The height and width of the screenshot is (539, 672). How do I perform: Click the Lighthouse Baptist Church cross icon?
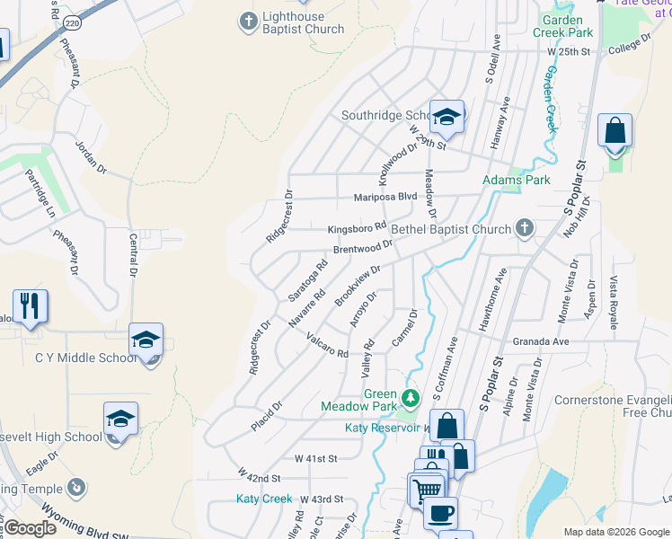click(x=249, y=20)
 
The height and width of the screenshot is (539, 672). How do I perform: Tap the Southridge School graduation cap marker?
click(x=447, y=116)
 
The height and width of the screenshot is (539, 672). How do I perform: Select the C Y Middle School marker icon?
click(x=146, y=340)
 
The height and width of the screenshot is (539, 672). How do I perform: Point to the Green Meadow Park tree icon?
click(x=411, y=397)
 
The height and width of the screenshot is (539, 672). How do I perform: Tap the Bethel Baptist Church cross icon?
click(x=524, y=229)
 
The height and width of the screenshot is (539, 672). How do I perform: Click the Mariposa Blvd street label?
click(x=385, y=196)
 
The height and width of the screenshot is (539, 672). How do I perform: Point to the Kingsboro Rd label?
click(x=356, y=226)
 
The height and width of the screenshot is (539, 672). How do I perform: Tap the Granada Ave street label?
click(x=541, y=342)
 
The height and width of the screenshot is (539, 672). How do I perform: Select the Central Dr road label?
click(x=132, y=253)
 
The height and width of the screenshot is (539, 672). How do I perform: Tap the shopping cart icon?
click(x=427, y=489)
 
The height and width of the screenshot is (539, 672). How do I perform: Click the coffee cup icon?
click(x=440, y=513)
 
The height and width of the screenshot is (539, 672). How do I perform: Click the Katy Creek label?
click(x=265, y=499)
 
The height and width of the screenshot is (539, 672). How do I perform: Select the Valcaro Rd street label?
click(x=327, y=347)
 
